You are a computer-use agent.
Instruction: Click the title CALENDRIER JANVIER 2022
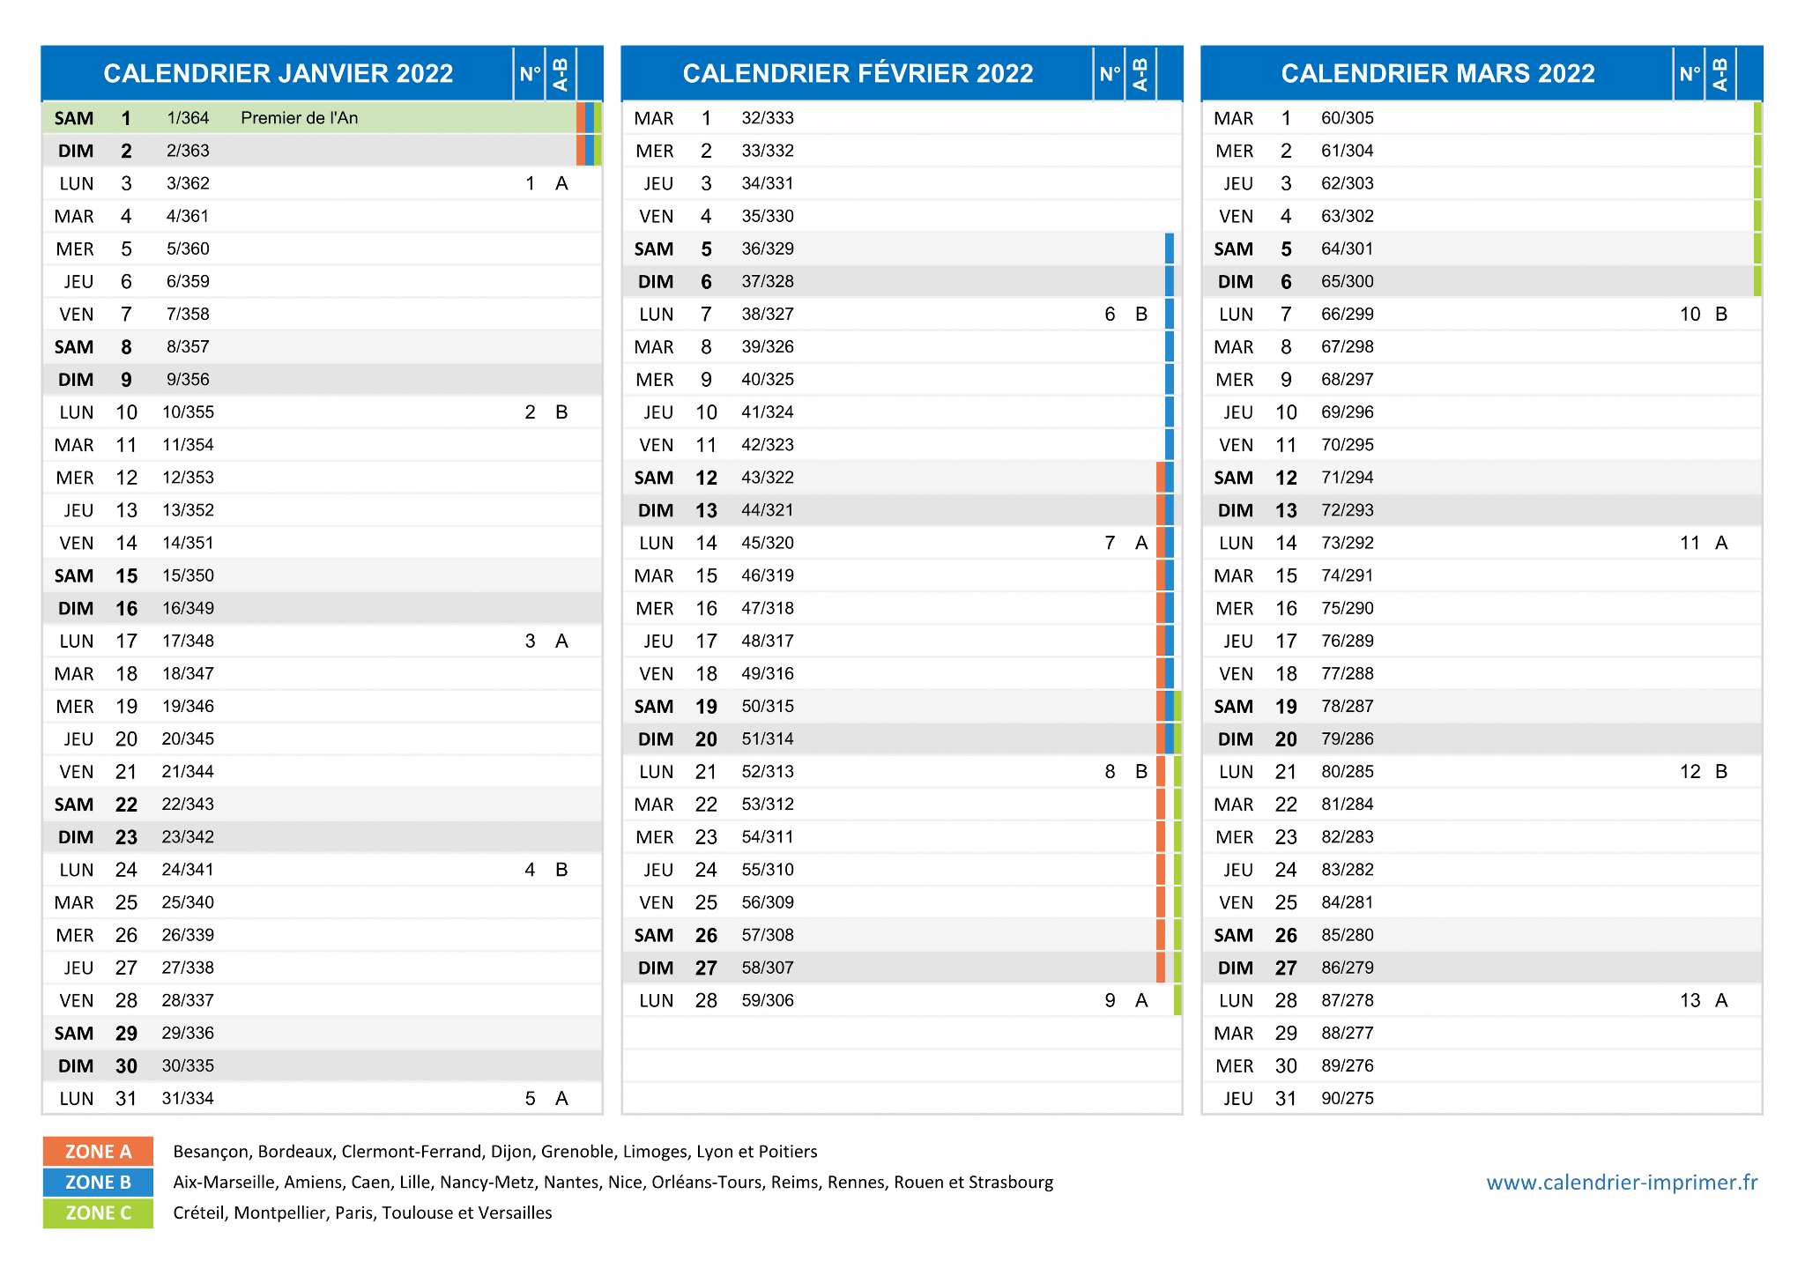coord(279,73)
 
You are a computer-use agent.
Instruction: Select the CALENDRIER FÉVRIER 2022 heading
coord(858,73)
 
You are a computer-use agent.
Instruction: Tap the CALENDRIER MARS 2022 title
coord(1437,73)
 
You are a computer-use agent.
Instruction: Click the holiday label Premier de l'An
coord(300,118)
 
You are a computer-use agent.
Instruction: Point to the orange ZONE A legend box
coord(98,1152)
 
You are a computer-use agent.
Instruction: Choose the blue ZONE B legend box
coord(98,1183)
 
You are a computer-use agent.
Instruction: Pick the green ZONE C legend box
coord(98,1213)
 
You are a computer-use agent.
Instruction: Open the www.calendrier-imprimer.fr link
coord(1622,1183)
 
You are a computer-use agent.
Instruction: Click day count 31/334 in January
coord(188,1098)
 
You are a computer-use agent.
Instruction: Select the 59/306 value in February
coord(768,1000)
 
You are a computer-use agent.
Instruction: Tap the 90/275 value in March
coord(1348,1098)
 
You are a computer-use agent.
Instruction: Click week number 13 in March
coord(1690,1000)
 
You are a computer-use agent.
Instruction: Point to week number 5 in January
coord(530,1098)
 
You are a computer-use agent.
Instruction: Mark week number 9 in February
coord(1110,1000)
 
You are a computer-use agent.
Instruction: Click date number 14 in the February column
coord(706,543)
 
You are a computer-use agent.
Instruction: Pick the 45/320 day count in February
coord(768,543)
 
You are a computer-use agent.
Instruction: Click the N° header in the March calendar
coord(1689,73)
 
